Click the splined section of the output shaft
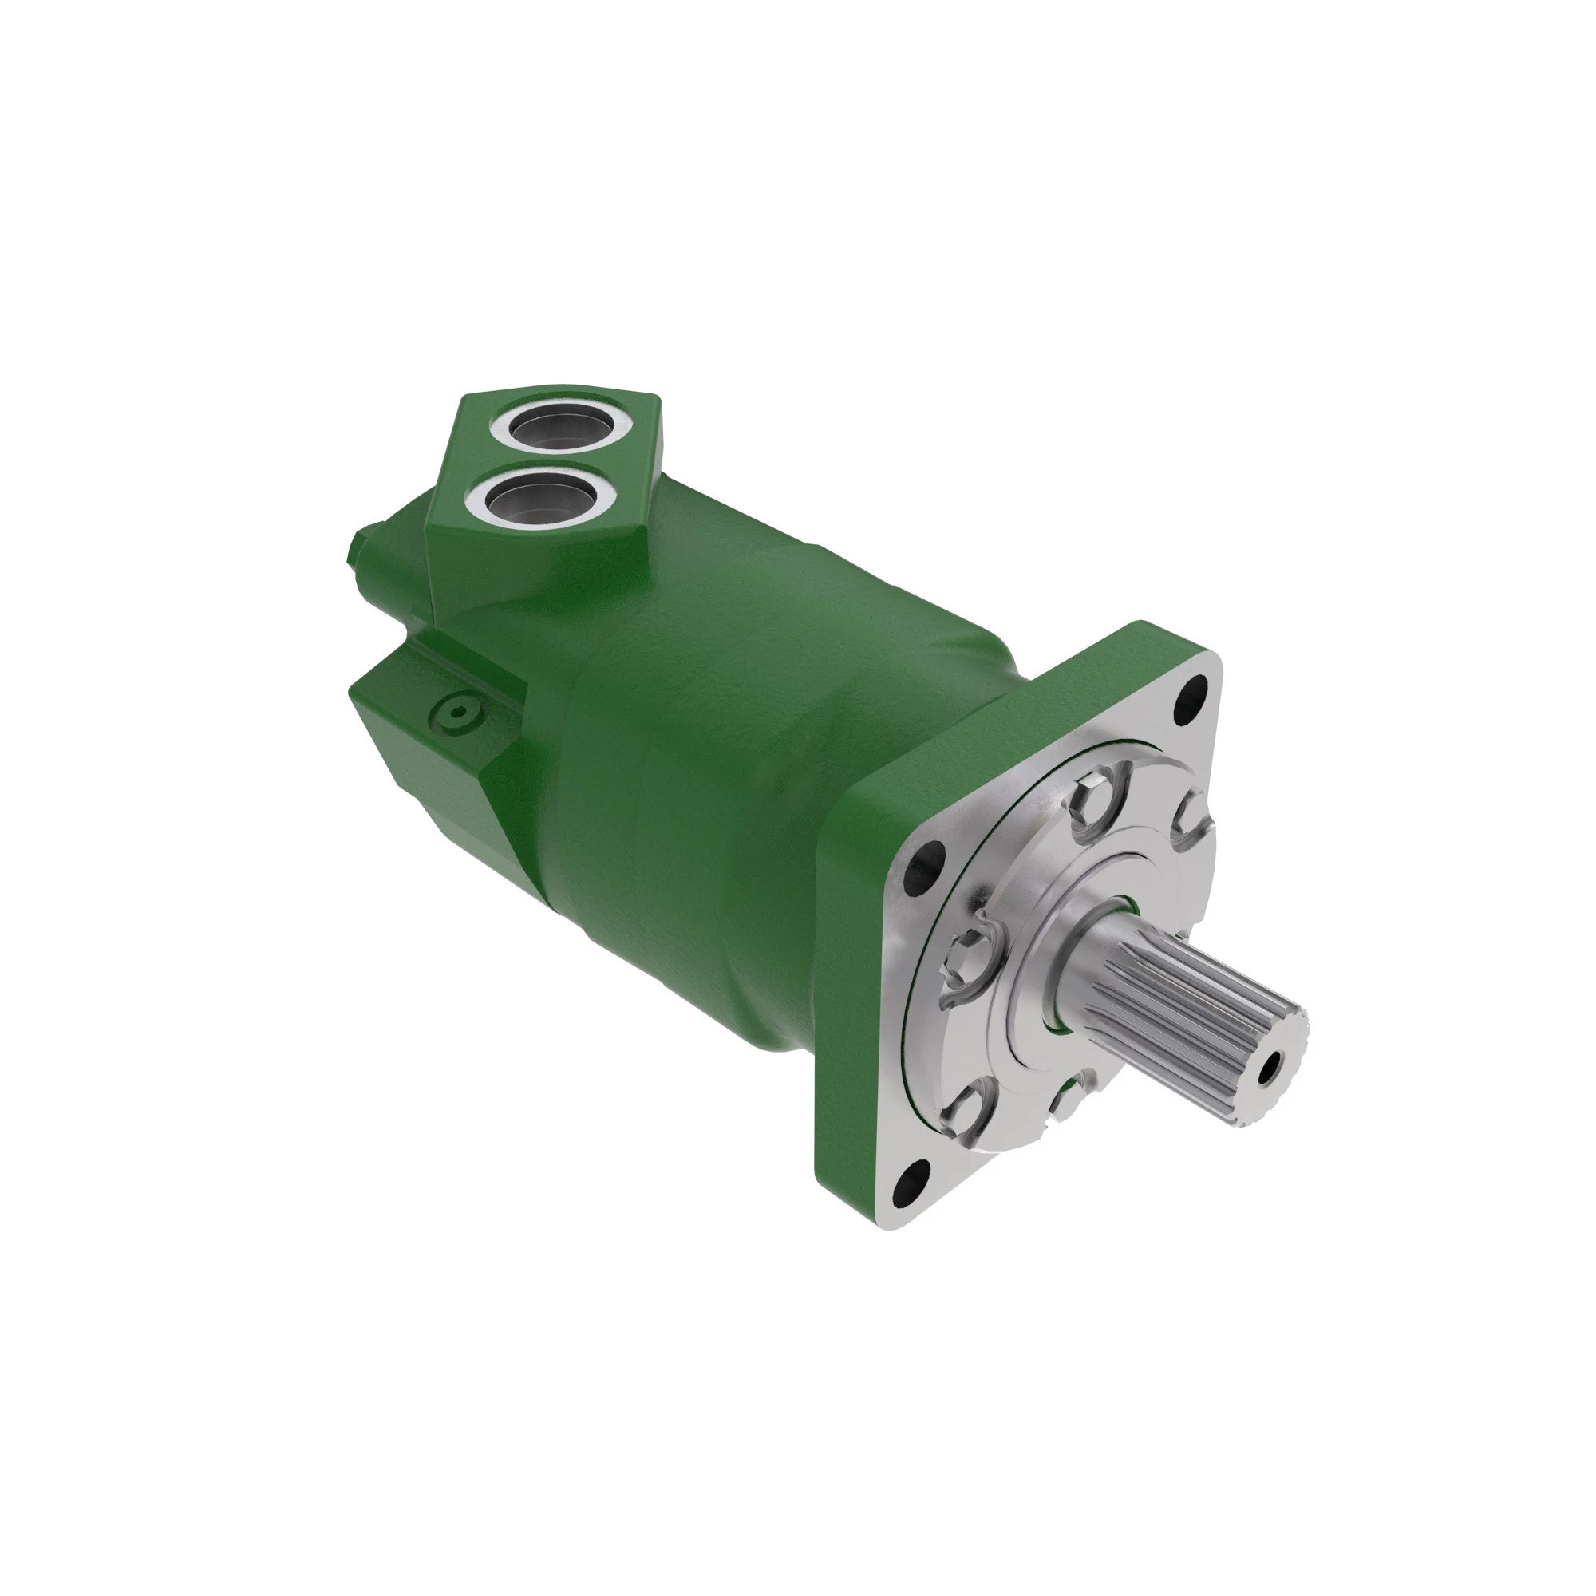tap(1190, 1025)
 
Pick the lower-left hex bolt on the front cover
tap(966, 1107)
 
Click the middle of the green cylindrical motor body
tap(744, 744)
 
